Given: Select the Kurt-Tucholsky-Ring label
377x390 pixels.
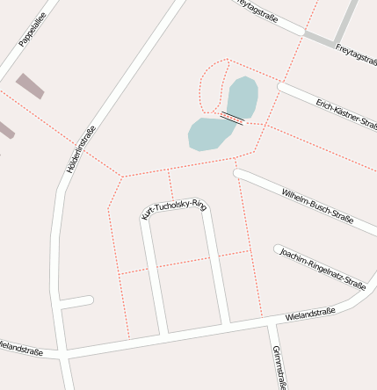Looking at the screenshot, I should coord(174,209).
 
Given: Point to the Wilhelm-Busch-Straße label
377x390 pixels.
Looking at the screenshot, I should coord(317,204).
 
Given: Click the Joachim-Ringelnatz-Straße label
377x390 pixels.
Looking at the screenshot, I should coord(323,267).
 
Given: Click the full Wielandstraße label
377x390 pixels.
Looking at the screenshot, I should coord(310,314).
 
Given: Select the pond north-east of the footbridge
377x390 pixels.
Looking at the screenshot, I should coord(242,97).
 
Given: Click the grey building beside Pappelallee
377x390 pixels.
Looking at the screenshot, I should coord(30,85).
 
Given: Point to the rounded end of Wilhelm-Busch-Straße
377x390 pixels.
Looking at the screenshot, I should coord(238,173).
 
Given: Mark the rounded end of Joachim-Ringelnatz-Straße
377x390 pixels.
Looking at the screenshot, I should coord(279,249).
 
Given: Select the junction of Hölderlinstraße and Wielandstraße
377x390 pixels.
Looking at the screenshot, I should coord(64,355).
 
